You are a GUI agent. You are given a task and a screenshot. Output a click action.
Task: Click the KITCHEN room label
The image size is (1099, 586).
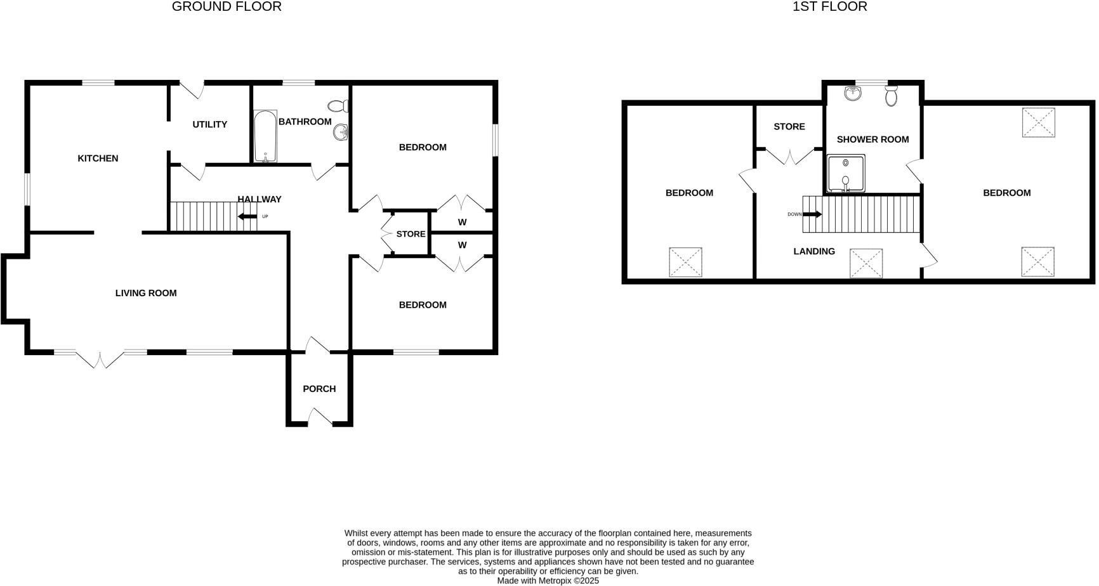[98, 159]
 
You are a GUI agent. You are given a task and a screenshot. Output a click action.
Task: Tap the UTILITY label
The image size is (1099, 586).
[209, 124]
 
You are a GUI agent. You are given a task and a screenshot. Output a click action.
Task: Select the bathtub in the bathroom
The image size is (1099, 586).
[265, 136]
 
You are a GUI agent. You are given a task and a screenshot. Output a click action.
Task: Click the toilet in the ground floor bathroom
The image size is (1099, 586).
[338, 105]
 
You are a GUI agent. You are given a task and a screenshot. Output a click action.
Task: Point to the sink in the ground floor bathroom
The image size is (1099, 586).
[341, 132]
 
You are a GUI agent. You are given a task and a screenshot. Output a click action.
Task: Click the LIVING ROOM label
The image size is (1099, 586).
[146, 293]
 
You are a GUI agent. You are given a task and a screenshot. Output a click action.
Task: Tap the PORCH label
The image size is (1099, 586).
[319, 389]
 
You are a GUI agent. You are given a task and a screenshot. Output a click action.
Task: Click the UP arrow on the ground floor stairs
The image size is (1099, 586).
[247, 216]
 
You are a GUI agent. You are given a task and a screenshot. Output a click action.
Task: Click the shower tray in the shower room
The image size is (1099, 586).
[846, 173]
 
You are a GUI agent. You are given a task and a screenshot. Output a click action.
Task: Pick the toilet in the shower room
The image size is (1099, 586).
[892, 96]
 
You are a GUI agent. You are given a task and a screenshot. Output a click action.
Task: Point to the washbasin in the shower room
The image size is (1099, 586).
[853, 94]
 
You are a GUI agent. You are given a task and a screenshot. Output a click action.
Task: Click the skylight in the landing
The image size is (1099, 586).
[866, 263]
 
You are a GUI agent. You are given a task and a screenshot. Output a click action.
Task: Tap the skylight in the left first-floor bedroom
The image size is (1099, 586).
[685, 262]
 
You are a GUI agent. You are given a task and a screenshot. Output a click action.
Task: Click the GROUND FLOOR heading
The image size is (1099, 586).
[227, 7]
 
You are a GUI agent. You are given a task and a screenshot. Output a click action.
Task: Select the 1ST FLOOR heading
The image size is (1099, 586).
[829, 7]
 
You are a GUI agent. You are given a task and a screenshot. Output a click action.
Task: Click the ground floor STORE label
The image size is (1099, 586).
[411, 234]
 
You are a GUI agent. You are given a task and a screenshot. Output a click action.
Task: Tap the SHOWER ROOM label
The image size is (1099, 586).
[872, 140]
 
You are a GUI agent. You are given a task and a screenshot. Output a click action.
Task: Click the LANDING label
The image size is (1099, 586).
[814, 251]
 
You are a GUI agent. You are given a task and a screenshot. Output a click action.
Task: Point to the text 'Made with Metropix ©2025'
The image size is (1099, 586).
[548, 580]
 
